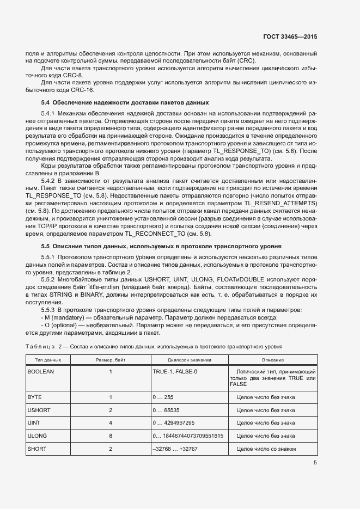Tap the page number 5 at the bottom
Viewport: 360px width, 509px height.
(315, 463)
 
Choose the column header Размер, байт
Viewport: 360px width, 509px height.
(110, 360)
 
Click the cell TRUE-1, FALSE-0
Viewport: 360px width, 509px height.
(175, 371)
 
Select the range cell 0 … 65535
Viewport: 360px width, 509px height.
(170, 410)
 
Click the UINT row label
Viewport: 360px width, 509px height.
(35, 423)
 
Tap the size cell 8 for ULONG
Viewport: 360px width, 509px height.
(110, 436)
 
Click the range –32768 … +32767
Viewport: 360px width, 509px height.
(175, 449)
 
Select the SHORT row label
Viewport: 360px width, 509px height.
(37, 449)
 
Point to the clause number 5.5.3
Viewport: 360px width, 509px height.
(50, 309)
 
